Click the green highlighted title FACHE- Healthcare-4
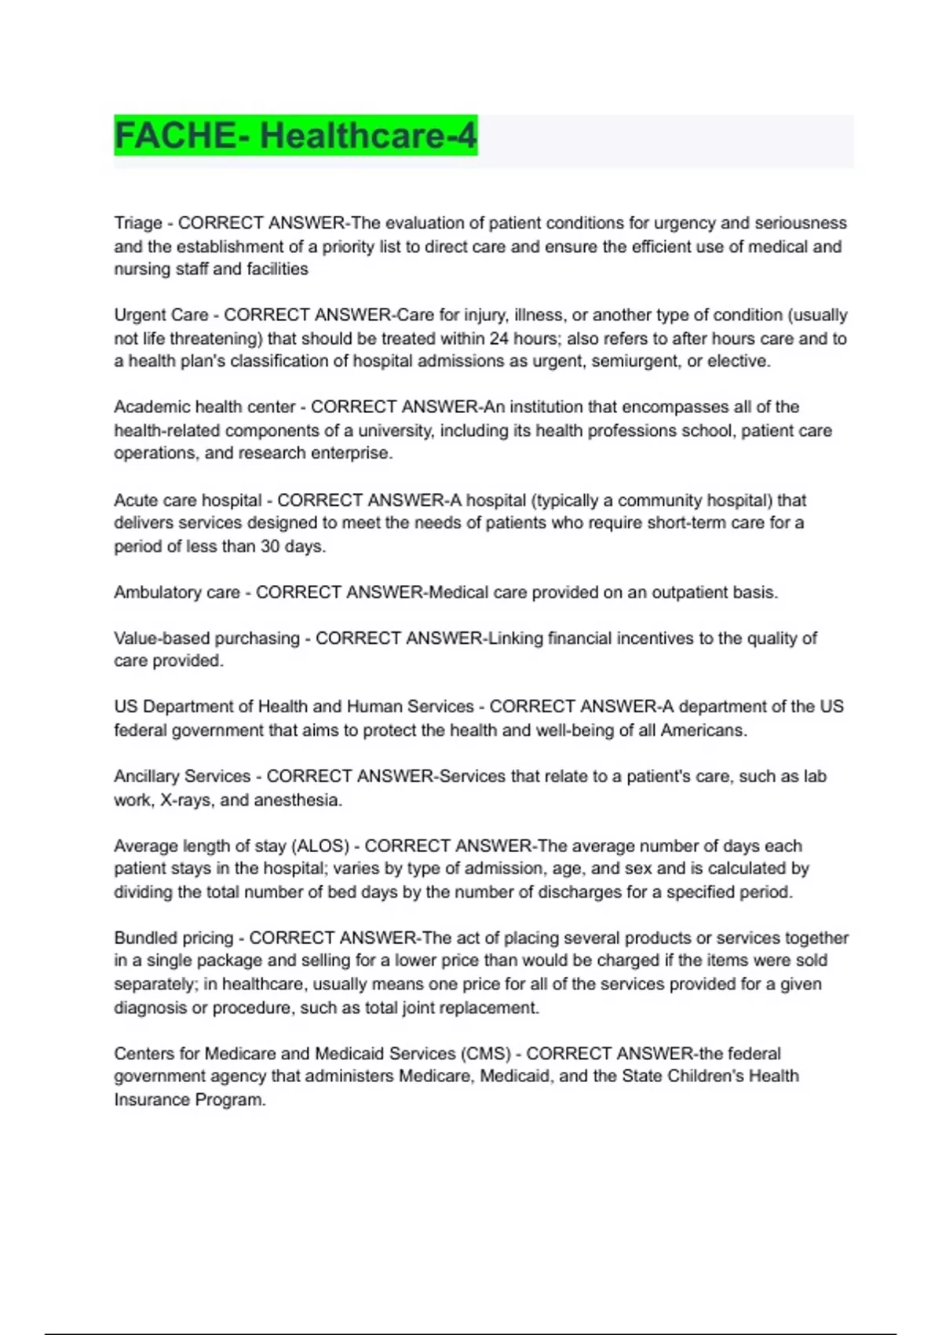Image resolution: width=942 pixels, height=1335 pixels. coord(295,135)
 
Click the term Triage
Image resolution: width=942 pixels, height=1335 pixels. coord(137,223)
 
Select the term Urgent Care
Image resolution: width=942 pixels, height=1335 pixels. coord(161,315)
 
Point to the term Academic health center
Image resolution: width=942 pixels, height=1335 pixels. coord(204,407)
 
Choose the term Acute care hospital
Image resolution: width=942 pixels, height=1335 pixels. coord(188,500)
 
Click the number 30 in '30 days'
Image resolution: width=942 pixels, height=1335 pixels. coord(270,547)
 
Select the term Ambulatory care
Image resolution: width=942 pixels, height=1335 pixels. coord(177,592)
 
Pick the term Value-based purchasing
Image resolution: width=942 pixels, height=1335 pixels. coord(206,638)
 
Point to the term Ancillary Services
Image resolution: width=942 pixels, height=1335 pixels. coord(182,777)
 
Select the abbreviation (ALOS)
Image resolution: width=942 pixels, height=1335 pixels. coord(320,846)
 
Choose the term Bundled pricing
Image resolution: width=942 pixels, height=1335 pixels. coord(173,938)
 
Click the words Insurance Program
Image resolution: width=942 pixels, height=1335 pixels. coord(189,1099)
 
